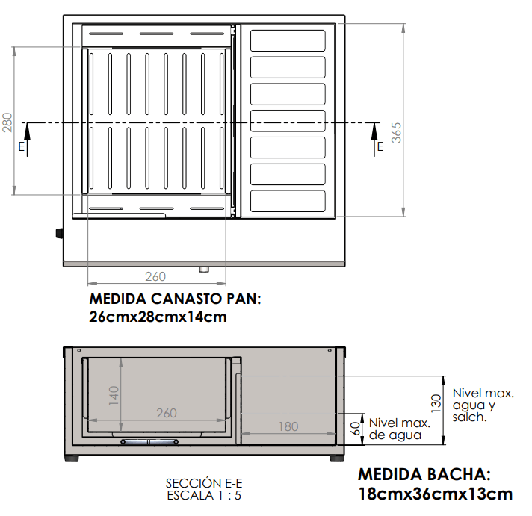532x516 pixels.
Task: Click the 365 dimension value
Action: pyautogui.click(x=396, y=133)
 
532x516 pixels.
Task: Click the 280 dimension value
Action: pyautogui.click(x=7, y=122)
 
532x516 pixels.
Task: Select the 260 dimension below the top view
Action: pyautogui.click(x=155, y=276)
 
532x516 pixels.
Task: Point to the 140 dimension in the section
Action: pyautogui.click(x=114, y=396)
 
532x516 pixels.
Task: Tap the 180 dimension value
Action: pyautogui.click(x=288, y=426)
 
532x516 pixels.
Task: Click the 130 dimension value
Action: pyautogui.click(x=436, y=403)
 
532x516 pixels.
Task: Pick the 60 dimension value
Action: pyautogui.click(x=355, y=429)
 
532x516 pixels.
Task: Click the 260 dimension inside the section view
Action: pyautogui.click(x=167, y=413)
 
